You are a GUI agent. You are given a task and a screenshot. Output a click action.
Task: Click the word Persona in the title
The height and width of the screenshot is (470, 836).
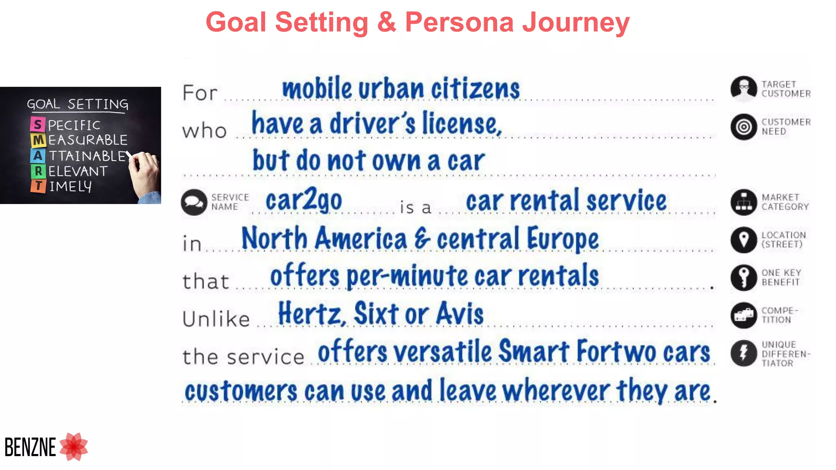459,22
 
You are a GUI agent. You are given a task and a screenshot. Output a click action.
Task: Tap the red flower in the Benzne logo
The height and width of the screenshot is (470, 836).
74,447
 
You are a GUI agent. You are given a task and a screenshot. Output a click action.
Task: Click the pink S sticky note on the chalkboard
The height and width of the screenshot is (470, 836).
38,124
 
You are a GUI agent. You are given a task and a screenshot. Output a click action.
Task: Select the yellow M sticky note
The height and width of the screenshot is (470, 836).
38,140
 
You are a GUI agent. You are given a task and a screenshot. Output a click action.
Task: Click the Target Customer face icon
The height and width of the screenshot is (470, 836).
743,89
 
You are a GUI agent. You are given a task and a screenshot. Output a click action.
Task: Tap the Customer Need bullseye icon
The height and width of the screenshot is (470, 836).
743,127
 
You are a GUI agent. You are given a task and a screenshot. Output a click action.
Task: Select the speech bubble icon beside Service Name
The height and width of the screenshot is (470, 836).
194,202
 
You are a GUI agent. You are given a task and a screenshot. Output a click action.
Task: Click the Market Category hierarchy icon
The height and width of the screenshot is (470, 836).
743,202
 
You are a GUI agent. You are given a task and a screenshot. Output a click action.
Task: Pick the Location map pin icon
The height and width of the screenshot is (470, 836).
743,240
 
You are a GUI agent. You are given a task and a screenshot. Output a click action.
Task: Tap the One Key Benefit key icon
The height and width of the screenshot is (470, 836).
743,277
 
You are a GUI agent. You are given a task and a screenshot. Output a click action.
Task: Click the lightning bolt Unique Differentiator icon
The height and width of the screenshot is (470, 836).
743,353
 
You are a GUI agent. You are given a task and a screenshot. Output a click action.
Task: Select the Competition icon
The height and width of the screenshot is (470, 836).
743,315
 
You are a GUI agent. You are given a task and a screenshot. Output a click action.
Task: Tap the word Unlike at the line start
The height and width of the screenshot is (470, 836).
216,319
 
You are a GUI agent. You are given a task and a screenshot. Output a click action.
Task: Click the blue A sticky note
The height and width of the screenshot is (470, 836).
38,155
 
